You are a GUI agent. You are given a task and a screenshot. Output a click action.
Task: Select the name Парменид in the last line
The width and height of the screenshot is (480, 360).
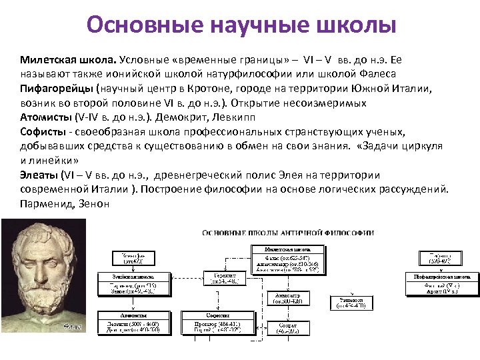[47, 203]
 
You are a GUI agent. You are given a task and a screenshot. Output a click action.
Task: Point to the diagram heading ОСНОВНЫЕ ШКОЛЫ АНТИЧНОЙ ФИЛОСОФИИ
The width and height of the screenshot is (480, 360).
[288, 233]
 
